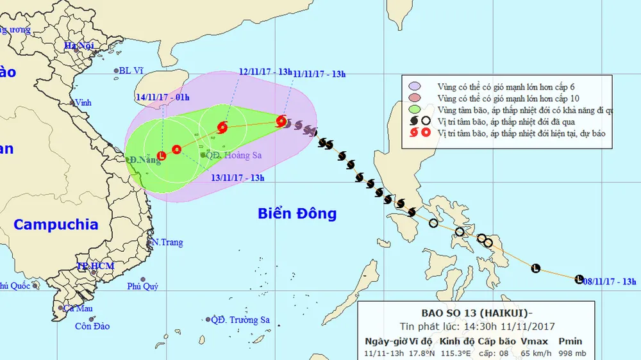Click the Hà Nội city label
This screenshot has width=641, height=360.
click(x=79, y=45)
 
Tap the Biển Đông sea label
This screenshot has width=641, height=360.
click(x=297, y=213)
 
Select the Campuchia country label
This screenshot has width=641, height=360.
click(x=56, y=225)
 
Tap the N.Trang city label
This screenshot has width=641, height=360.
click(x=167, y=243)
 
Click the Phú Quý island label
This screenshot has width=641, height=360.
click(x=142, y=286)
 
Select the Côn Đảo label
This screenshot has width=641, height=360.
click(x=92, y=326)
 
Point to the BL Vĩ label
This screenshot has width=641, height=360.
click(x=133, y=71)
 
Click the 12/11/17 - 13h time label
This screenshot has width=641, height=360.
click(x=265, y=72)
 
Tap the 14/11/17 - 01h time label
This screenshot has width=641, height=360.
click(x=163, y=97)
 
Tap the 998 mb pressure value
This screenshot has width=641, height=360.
click(x=569, y=353)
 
